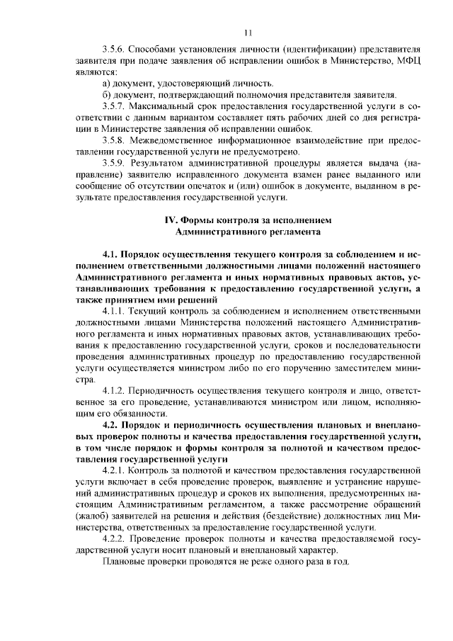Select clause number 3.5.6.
(114, 50)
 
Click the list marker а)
(108, 84)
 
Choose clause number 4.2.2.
(116, 537)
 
